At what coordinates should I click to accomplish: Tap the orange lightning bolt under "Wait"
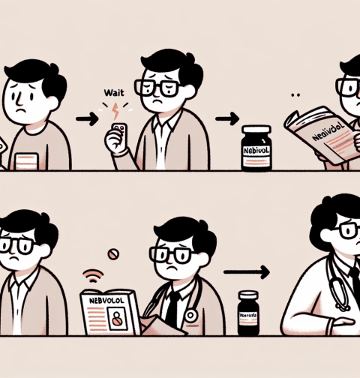coord(115,111)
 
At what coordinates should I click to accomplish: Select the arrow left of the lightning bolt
coord(88,117)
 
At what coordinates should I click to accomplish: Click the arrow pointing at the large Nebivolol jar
coord(226,117)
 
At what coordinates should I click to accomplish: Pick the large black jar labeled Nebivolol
coord(257,146)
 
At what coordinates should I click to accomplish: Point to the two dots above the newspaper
coord(295,95)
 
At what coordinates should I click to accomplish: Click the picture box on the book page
coord(118,321)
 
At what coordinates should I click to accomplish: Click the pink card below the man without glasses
coord(28,160)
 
